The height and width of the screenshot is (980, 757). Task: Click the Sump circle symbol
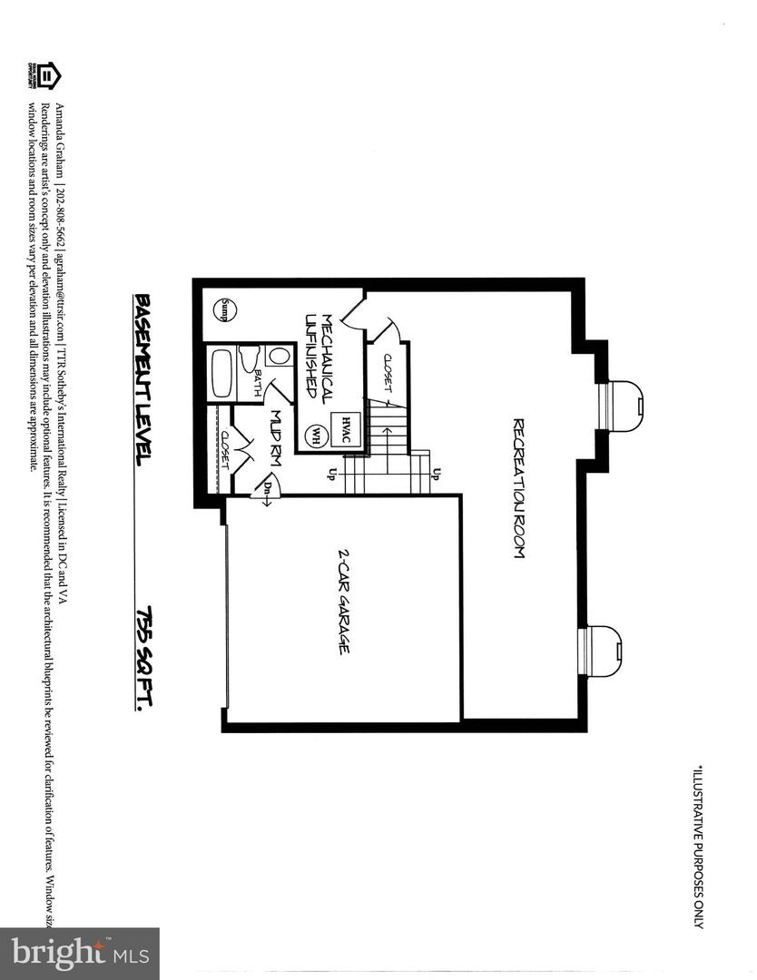pos(221,310)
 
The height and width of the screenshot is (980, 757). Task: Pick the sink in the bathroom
pos(257,354)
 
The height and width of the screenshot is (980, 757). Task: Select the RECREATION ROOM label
pos(518,487)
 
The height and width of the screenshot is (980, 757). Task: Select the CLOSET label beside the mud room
pos(224,449)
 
